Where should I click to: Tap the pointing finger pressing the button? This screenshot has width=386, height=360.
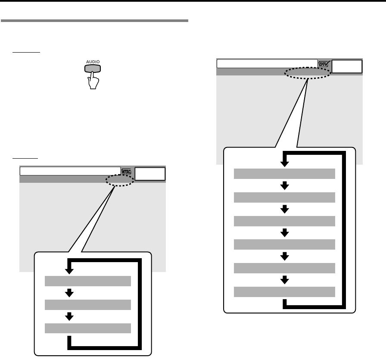[93, 80]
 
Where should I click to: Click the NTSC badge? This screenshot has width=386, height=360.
[127, 171]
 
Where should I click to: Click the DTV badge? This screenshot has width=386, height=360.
[324, 64]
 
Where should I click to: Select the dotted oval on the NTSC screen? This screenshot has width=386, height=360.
[119, 180]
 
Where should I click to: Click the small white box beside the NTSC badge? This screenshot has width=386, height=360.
[150, 173]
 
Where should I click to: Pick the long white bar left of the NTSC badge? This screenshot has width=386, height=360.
[70, 171]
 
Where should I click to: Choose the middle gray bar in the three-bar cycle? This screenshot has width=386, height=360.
[87, 305]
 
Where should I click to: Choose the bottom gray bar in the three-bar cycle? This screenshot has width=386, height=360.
[87, 328]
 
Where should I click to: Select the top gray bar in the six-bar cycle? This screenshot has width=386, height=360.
[284, 174]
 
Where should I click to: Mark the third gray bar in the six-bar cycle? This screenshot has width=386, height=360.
[284, 221]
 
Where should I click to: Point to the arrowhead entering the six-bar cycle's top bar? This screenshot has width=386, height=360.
[284, 163]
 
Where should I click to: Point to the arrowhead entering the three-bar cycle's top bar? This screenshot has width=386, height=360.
[69, 271]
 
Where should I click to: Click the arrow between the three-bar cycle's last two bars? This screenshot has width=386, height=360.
[69, 317]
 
